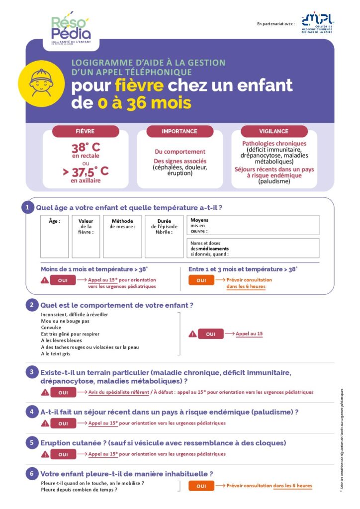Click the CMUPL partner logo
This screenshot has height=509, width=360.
pyautogui.click(x=317, y=23)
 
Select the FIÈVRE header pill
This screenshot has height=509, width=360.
pyautogui.click(x=85, y=131)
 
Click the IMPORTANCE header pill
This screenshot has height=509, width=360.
pyautogui.click(x=180, y=131)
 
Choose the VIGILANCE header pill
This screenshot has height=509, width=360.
pyautogui.click(x=273, y=131)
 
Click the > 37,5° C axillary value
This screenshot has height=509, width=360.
pyautogui.click(x=86, y=172)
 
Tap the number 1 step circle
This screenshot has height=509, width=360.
pyautogui.click(x=27, y=207)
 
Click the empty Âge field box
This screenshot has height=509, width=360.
pyautogui.click(x=55, y=236)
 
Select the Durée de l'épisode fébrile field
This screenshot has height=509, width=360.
pyautogui.click(x=164, y=236)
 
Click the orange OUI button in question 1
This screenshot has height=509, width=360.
pyautogui.click(x=201, y=280)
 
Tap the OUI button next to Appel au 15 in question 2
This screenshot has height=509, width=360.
pyautogui.click(x=211, y=334)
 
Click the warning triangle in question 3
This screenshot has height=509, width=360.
pyautogui.click(x=45, y=392)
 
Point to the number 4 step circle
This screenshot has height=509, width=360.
pyautogui.click(x=31, y=412)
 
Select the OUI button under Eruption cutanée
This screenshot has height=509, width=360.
pyautogui.click(x=63, y=454)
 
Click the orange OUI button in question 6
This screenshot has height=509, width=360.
pyautogui.click(x=201, y=486)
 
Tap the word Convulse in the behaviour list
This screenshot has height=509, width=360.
pyautogui.click(x=51, y=328)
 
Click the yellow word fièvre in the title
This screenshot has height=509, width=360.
pyautogui.click(x=139, y=85)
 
